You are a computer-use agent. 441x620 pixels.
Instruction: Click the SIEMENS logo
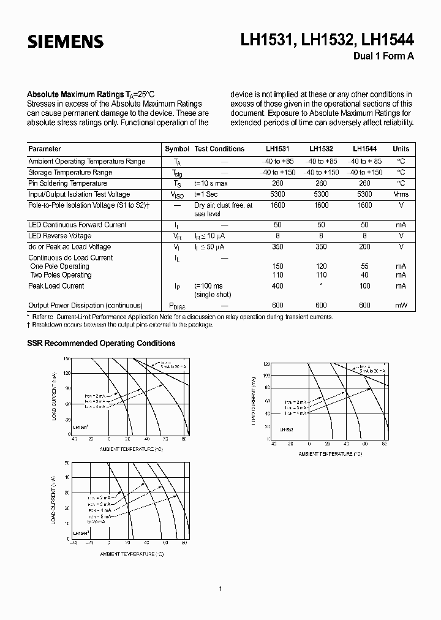(65, 42)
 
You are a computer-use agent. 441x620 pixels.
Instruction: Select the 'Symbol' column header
(177, 149)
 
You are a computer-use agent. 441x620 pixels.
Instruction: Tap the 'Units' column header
(401, 149)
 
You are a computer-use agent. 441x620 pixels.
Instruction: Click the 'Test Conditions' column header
(219, 149)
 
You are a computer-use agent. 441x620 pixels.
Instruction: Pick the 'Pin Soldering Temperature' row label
(67, 183)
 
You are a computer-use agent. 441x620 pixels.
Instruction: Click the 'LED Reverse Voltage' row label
(59, 236)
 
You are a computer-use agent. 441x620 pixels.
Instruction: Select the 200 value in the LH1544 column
(364, 247)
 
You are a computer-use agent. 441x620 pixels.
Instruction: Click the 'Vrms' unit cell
(401, 194)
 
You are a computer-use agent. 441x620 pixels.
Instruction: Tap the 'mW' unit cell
(401, 306)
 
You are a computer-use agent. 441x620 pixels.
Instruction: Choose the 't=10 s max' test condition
(211, 183)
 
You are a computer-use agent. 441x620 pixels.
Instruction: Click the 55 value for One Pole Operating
(364, 267)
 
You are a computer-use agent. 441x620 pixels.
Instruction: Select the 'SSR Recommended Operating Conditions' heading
(101, 343)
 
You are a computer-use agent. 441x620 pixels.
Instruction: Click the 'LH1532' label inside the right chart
(287, 430)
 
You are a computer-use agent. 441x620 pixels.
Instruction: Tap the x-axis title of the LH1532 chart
(330, 454)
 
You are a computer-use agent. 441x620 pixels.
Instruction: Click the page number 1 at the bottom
(220, 589)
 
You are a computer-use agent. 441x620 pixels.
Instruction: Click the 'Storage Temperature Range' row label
(70, 172)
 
